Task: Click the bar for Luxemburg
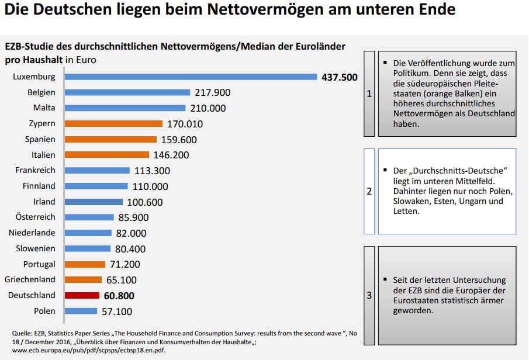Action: pos(191,77)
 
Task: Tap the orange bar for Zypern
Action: pos(113,123)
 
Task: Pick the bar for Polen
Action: pos(81,311)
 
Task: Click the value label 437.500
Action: pos(339,77)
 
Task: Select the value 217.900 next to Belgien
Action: pos(212,92)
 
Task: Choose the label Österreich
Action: pos(36,217)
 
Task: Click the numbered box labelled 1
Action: pos(369,94)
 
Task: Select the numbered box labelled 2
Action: pos(369,191)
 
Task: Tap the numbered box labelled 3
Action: pos(369,295)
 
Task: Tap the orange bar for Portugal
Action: pos(85,264)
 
